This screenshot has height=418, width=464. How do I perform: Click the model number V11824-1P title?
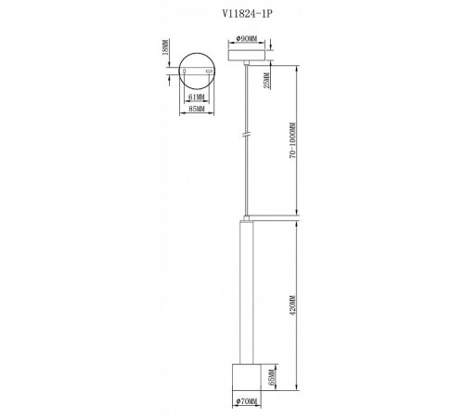pyautogui.click(x=248, y=14)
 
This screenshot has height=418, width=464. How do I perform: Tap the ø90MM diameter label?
pyautogui.click(x=247, y=39)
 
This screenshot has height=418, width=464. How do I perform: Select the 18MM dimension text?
pyautogui.click(x=165, y=47)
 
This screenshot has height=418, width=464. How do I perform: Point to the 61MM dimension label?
pyautogui.click(x=197, y=98)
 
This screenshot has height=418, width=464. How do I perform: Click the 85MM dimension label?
pyautogui.click(x=197, y=109)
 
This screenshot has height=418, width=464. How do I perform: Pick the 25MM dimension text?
pyautogui.click(x=266, y=81)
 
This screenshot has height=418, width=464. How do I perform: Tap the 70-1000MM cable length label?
pyautogui.click(x=292, y=140)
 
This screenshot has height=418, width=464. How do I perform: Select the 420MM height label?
pyautogui.click(x=292, y=306)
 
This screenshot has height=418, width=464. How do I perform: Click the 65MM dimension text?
pyautogui.click(x=271, y=377)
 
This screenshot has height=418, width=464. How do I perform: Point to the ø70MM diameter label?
pyautogui.click(x=247, y=401)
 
